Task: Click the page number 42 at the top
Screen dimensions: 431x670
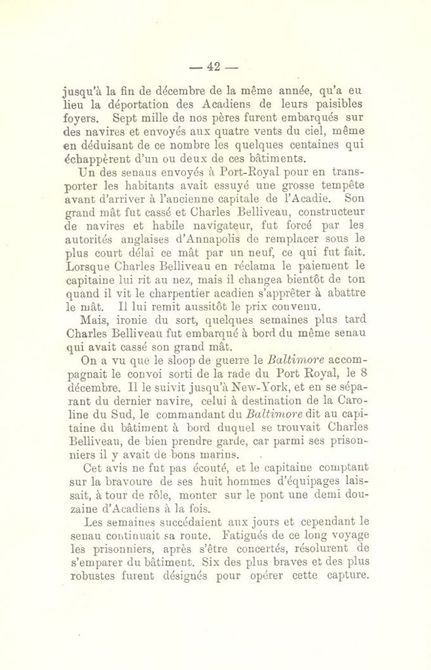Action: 213,66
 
